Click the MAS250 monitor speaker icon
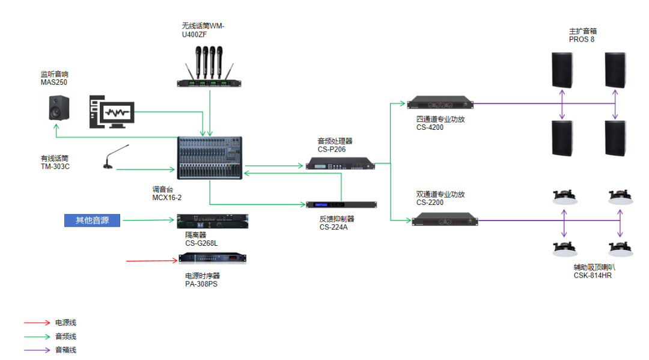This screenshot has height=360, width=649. pyautogui.click(x=58, y=108)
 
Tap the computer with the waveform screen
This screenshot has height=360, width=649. pyautogui.click(x=112, y=112)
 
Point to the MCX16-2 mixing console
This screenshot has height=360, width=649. pyautogui.click(x=210, y=157)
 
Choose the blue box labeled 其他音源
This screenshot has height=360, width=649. pyautogui.click(x=93, y=221)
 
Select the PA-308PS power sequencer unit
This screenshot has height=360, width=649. pyautogui.click(x=213, y=258)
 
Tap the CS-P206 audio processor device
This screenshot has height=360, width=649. pyautogui.click(x=340, y=163)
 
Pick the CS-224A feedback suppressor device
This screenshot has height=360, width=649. pyautogui.click(x=341, y=205)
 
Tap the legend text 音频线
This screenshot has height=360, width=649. pyautogui.click(x=66, y=337)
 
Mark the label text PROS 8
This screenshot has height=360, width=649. pyautogui.click(x=582, y=40)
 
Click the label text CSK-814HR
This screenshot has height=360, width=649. pyautogui.click(x=593, y=275)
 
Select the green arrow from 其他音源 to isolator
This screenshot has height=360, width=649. pyautogui.click(x=150, y=221)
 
